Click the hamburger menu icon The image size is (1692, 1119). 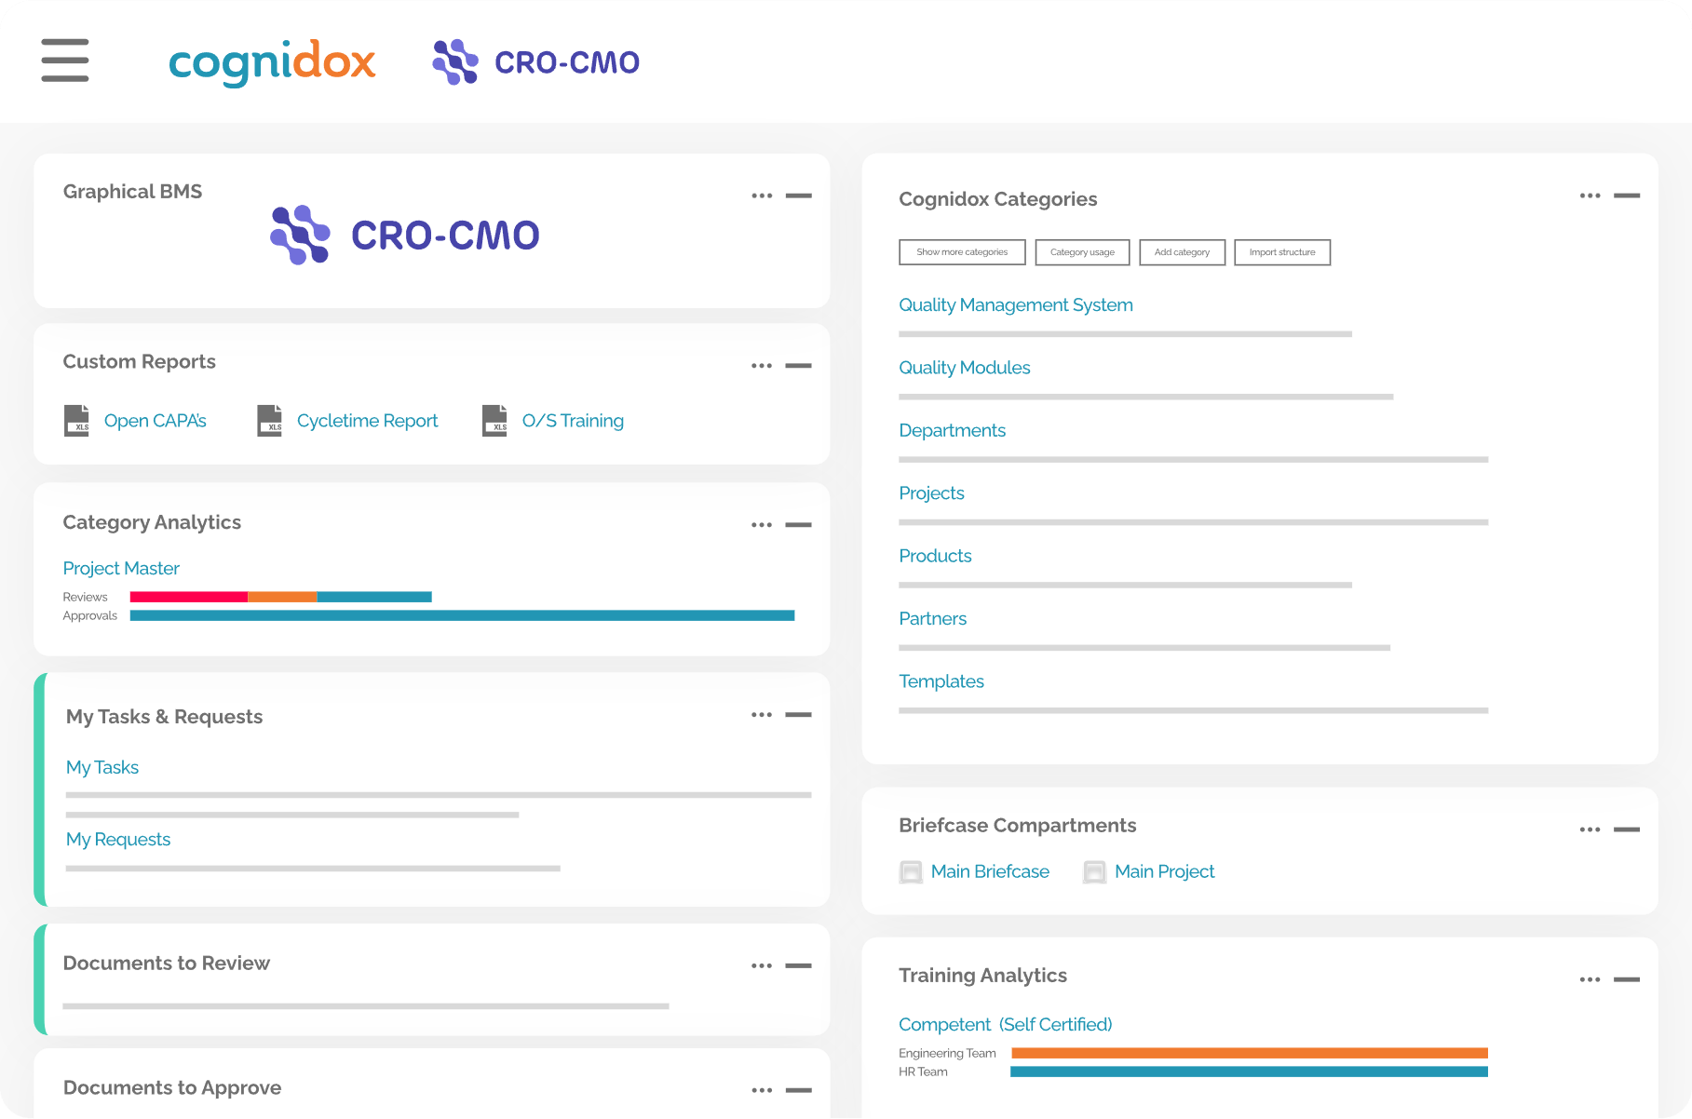tap(65, 61)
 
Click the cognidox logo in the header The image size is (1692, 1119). tap(272, 62)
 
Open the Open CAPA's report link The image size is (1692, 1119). tap(155, 421)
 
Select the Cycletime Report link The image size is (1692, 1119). tap(367, 421)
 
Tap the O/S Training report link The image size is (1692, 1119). tap(573, 421)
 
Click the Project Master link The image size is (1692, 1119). tap(121, 568)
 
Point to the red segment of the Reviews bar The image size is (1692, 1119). tap(188, 597)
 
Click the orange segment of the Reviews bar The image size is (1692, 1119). tap(282, 597)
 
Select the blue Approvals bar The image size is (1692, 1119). tap(462, 615)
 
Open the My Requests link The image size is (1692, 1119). tap(118, 839)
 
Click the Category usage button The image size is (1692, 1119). tap(1082, 252)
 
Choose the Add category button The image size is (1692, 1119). tap(1182, 252)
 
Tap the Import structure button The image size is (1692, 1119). tap(1282, 252)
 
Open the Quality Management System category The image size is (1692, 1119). tap(1015, 304)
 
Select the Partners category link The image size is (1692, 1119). tap(932, 618)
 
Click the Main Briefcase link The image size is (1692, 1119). tap(990, 871)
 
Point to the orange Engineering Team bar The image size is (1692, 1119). tap(1249, 1053)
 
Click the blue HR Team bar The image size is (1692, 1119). tap(1249, 1072)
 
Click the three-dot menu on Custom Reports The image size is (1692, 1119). tap(762, 366)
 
